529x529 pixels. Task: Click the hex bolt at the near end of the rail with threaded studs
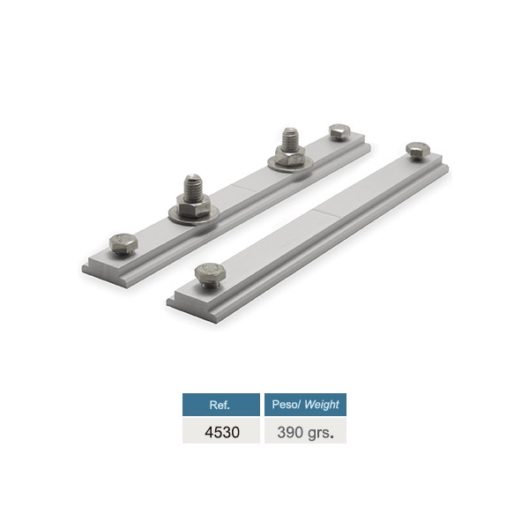122,244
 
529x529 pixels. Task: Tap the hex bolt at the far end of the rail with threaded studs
339,132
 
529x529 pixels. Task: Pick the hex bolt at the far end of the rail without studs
415,150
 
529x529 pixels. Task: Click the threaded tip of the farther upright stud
290,138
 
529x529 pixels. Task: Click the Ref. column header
220,405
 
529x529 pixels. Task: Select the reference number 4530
220,431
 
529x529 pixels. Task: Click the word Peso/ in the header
285,405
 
